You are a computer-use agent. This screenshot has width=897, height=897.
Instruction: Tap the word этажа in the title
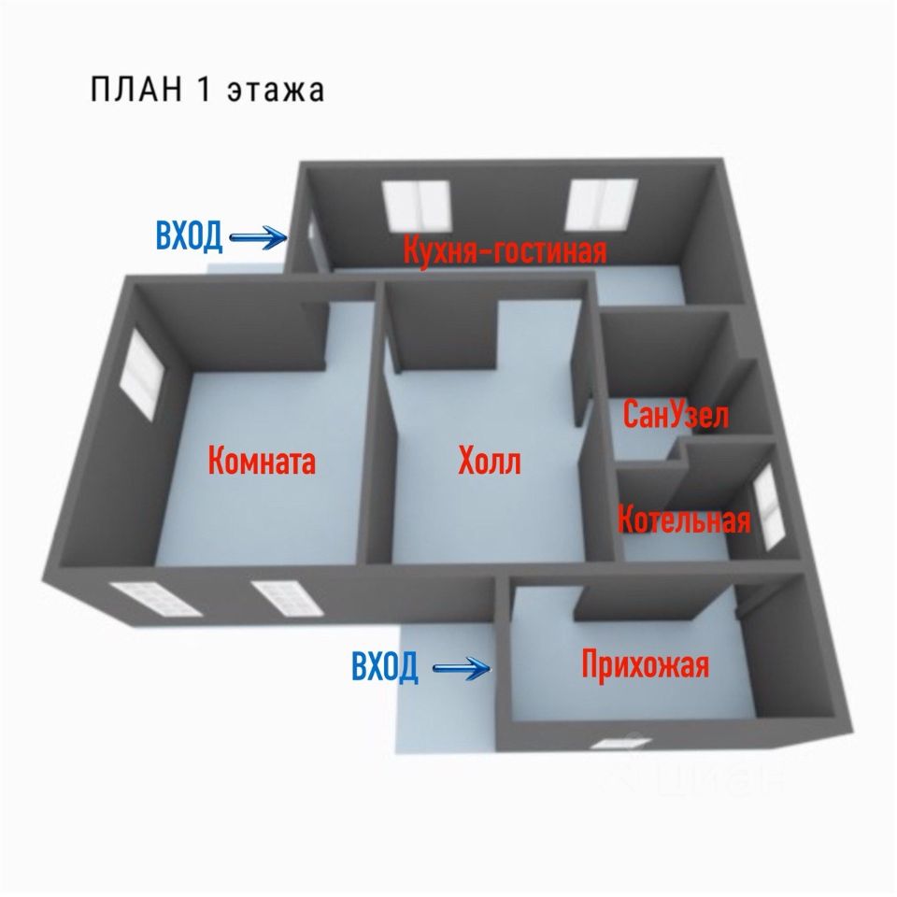[278, 91]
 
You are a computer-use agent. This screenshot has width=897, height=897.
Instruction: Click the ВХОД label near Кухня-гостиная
[189, 237]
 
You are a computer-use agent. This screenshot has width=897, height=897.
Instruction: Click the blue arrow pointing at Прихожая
[464, 667]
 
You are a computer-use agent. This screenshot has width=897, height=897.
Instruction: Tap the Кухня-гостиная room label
[505, 251]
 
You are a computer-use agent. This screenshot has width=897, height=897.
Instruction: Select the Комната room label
[262, 461]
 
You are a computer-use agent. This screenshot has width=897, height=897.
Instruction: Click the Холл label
[490, 461]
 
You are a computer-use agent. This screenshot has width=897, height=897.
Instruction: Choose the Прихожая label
[645, 665]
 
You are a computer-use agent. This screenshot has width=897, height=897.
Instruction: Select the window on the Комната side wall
[143, 373]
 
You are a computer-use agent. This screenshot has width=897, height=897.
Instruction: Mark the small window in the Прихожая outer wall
[619, 745]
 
